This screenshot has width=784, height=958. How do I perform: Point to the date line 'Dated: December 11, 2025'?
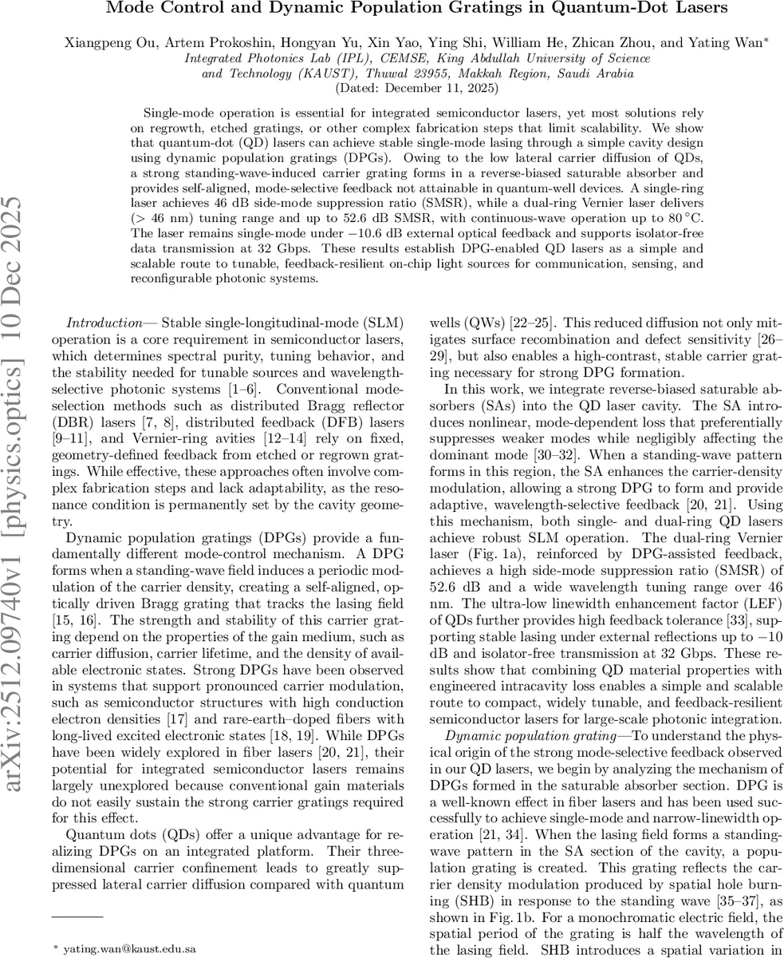[417, 88]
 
